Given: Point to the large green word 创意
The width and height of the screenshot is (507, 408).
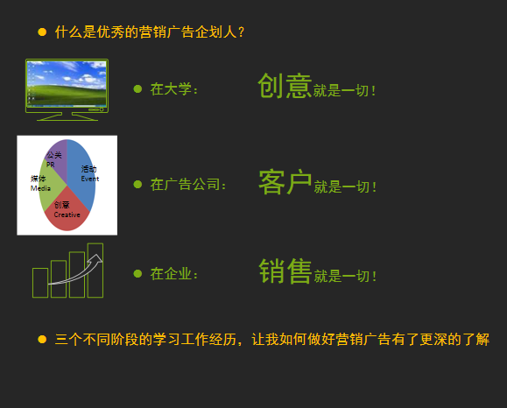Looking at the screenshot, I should (x=285, y=86).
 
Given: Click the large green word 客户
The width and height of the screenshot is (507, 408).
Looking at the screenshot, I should (x=285, y=182).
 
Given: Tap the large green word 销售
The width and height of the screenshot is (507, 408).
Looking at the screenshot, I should (x=285, y=272).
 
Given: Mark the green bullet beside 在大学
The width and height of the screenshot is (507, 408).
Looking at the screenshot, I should (x=137, y=88).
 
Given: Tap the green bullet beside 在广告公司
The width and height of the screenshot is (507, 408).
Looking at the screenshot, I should (x=137, y=184).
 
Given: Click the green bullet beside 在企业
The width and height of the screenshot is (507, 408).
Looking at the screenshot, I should (x=137, y=273).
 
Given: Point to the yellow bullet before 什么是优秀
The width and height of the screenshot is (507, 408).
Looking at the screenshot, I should (x=42, y=32).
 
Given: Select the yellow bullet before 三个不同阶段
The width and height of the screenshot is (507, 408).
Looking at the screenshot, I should (x=42, y=338).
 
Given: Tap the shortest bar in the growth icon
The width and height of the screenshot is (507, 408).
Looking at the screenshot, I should (x=40, y=283).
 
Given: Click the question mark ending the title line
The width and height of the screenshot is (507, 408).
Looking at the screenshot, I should (x=241, y=32).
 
